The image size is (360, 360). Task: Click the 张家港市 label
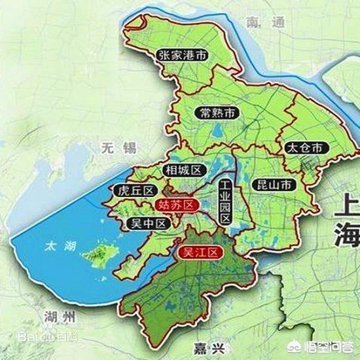pos(183,56)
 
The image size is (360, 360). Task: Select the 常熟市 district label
pos(218,113)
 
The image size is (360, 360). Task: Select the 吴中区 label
pos(147,224)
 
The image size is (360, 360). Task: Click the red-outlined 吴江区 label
pos(202,251)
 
